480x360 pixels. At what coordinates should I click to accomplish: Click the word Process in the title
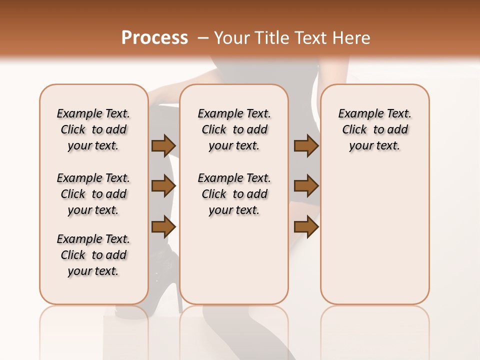[154, 38]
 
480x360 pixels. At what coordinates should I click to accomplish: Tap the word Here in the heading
[351, 38]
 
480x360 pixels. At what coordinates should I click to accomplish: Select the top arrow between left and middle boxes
[163, 146]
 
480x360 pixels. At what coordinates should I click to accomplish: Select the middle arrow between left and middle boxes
[163, 186]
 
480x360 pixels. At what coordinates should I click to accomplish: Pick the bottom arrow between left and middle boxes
[163, 227]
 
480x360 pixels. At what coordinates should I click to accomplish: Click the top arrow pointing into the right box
[306, 146]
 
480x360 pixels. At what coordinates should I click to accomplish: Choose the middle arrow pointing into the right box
[306, 186]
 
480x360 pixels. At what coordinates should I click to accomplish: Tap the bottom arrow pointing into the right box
[306, 227]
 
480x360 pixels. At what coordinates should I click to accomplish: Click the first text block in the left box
[93, 129]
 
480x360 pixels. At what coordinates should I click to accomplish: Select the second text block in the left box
[93, 194]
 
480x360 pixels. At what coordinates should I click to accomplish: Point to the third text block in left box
[93, 255]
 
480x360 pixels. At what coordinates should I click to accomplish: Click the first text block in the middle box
[234, 129]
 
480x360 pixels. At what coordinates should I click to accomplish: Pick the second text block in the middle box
[234, 194]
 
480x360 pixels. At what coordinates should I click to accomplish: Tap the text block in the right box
[374, 129]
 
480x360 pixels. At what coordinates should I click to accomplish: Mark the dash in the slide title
[202, 38]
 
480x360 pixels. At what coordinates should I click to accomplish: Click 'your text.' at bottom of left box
[93, 271]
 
